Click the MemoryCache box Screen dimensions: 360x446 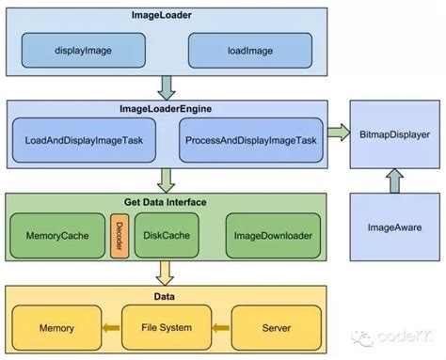click(56, 235)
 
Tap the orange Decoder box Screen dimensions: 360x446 click(119, 235)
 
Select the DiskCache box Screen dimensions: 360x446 click(166, 235)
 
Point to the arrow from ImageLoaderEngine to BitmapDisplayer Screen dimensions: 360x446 click(335, 135)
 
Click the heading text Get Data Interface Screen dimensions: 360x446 click(167, 201)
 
